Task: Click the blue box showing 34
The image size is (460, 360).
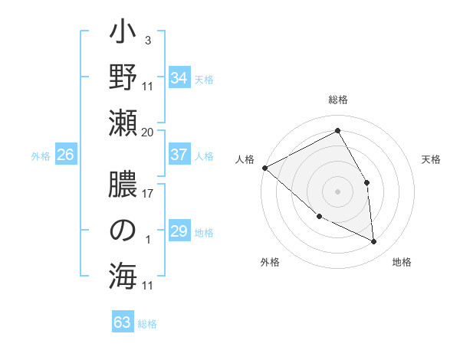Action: point(179,79)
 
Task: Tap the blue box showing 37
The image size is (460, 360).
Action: point(179,155)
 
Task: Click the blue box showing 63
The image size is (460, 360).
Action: point(123,322)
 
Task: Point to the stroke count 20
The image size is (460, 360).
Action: point(148,133)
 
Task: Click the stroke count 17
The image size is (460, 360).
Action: point(148,193)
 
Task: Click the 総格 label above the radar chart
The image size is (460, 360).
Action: point(338,100)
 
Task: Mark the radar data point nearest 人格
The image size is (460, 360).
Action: point(264,168)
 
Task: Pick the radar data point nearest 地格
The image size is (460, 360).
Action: point(373,242)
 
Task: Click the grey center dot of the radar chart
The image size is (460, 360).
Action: point(337,191)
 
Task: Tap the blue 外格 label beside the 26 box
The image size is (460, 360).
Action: point(41,156)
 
